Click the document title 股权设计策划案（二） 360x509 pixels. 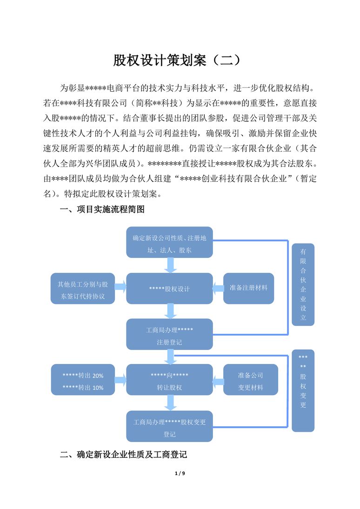coord(177,60)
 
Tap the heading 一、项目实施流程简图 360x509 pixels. coord(102,209)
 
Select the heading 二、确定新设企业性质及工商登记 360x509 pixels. coord(123,455)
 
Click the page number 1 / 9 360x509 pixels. coord(180,473)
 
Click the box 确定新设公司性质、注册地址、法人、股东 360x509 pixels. coord(169,242)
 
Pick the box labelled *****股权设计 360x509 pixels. coord(169,288)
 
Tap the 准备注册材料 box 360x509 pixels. coord(248,288)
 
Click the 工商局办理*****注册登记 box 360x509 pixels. coord(169,334)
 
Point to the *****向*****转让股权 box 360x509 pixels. coord(169,379)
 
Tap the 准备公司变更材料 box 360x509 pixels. coord(251,379)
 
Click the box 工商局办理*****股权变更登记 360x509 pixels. coord(169,426)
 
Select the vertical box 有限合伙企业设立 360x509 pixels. coord(303,284)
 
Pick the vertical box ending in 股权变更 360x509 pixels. coord(303,390)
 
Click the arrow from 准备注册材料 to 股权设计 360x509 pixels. coord(218,288)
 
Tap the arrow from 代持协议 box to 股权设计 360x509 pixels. coord(120,287)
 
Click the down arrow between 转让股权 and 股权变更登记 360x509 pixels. coord(170,403)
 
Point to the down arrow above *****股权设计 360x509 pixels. coord(170,265)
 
